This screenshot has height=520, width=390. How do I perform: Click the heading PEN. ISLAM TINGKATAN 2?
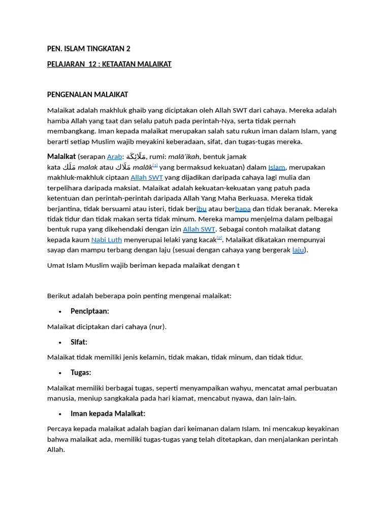88,49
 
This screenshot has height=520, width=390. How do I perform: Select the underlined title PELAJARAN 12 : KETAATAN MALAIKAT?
109,64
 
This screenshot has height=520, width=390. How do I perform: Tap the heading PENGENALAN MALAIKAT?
87,94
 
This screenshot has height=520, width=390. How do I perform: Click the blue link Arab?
114,157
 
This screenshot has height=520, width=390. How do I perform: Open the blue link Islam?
277,167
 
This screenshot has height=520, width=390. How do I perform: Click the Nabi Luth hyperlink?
106,240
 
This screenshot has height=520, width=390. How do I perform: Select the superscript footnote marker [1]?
155,165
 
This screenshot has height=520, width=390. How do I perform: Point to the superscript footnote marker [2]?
219,237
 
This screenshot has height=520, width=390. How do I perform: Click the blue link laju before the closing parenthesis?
298,250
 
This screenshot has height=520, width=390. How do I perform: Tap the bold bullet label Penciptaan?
90,311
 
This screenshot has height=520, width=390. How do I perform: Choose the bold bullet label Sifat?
79,342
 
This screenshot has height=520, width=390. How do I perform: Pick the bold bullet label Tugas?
81,373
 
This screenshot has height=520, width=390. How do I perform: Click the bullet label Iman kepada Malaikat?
108,414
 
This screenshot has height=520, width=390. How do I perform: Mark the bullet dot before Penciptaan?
60,312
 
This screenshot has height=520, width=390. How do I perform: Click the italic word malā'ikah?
184,157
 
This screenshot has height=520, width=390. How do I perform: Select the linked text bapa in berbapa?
243,209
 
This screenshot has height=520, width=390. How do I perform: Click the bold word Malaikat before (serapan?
61,156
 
